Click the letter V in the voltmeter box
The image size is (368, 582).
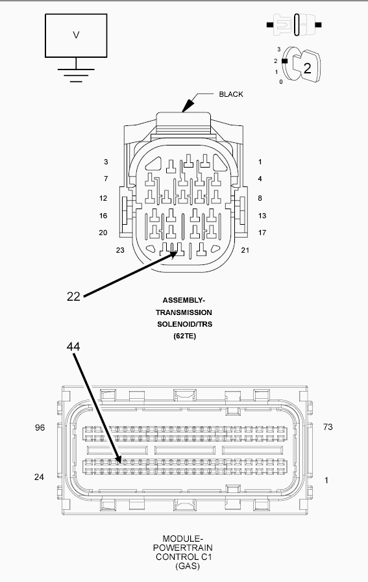pos(76,35)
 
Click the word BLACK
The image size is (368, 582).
pos(231,94)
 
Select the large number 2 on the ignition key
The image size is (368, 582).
pos(307,68)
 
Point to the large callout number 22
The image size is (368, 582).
pos(73,296)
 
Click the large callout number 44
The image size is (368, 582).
pos(73,346)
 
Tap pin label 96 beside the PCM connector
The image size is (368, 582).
pos(40,427)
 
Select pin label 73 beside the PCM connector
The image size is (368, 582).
pos(328,427)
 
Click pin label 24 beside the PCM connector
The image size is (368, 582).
pos(39,477)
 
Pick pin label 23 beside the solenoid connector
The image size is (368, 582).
pos(120,250)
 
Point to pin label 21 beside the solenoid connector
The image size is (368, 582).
pos(245,250)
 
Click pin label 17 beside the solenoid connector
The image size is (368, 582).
pos(262,233)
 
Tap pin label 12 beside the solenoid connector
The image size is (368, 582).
pos(103,198)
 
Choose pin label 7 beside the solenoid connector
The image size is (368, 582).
pos(106,179)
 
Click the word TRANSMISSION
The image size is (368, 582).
pos(184,312)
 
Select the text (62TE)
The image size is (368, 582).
pos(185,336)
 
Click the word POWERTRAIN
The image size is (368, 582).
pos(183,548)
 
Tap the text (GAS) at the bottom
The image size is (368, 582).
pos(188,566)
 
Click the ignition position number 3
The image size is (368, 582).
pos(279,49)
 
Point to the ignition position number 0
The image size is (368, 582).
pos(281,82)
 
